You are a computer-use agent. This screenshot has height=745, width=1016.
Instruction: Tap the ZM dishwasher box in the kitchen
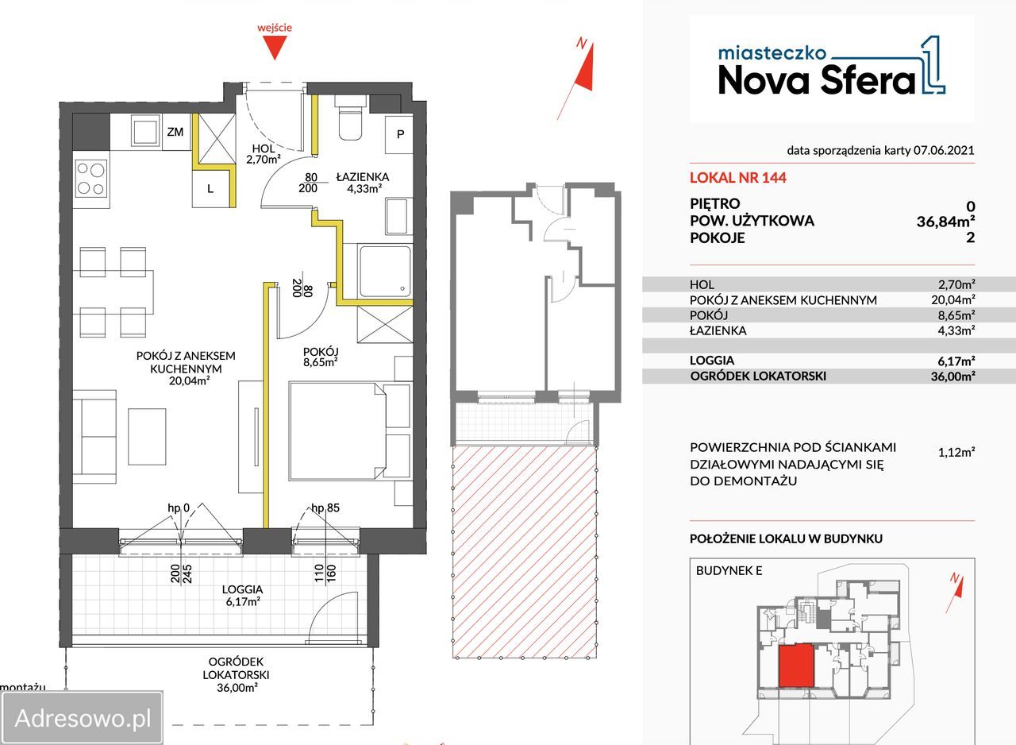pos(176,132)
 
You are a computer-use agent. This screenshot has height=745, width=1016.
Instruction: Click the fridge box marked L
pos(211,189)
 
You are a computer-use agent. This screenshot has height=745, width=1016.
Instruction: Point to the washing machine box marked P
pos(399,134)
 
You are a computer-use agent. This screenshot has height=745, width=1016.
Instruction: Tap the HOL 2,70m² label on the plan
pos(264,154)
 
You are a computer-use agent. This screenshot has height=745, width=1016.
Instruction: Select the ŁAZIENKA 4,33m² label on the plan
pos(363,183)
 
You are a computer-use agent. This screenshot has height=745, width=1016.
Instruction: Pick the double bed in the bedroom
pos(337,431)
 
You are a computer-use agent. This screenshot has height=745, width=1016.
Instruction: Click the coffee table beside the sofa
pos(147,437)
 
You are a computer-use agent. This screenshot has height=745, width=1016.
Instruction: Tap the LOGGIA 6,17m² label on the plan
pos(243,595)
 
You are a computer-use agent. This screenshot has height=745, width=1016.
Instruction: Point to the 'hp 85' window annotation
pos(325,508)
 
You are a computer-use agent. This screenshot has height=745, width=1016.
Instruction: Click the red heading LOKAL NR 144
pos(738,178)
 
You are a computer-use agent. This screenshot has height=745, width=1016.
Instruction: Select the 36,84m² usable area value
pos(945,222)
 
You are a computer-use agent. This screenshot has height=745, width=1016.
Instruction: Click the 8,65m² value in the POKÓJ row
pos(956,315)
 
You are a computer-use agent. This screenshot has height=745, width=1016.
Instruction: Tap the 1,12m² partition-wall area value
pos(956,452)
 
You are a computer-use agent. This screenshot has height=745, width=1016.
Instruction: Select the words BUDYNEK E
pos(729,571)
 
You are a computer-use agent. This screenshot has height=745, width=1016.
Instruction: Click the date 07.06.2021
pos(944,151)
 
